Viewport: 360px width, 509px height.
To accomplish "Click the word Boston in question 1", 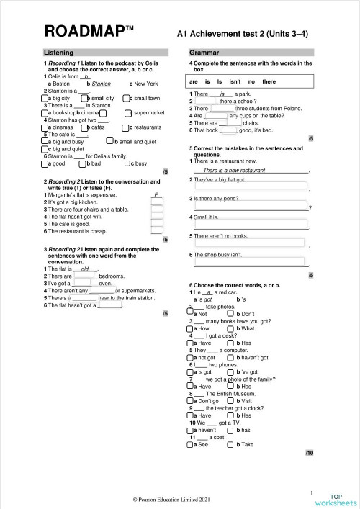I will (59, 84).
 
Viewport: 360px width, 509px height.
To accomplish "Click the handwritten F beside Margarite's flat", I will (156, 195).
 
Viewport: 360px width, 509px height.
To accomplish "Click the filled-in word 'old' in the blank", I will (85, 269).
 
